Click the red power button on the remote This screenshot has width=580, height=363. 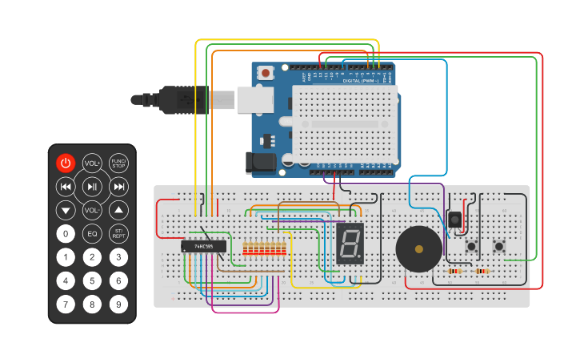(x=66, y=163)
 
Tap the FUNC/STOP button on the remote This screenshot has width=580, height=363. (x=118, y=163)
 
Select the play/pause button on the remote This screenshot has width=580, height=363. (x=92, y=187)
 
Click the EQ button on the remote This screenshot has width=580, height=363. (x=92, y=234)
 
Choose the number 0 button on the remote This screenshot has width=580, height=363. (x=66, y=234)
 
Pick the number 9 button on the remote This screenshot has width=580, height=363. (x=118, y=305)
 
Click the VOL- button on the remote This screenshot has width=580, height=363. (x=92, y=211)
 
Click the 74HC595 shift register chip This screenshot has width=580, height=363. (x=203, y=246)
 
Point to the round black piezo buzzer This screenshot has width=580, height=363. (x=418, y=248)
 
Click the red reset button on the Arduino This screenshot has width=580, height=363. (x=266, y=73)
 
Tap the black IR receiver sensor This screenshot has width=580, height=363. (x=455, y=220)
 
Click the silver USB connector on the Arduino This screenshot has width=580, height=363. (x=254, y=100)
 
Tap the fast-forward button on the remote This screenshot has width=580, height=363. (x=118, y=187)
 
